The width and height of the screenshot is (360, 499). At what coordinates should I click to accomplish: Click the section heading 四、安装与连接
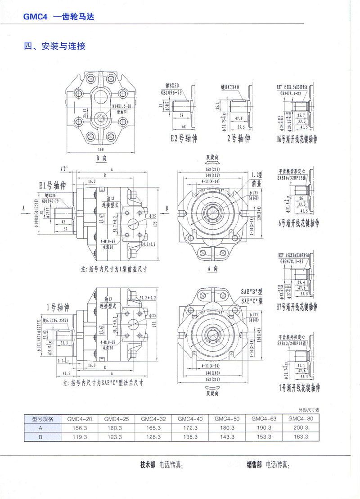point(54,46)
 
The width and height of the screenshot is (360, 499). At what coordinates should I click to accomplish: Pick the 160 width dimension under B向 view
point(100,150)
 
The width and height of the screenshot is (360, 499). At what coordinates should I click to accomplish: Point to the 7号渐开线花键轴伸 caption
point(299,386)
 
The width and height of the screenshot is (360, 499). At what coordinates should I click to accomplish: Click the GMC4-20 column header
point(80,418)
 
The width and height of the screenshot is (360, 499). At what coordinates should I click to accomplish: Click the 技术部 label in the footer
point(148,464)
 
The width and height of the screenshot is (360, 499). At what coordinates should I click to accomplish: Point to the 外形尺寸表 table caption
point(308,410)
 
